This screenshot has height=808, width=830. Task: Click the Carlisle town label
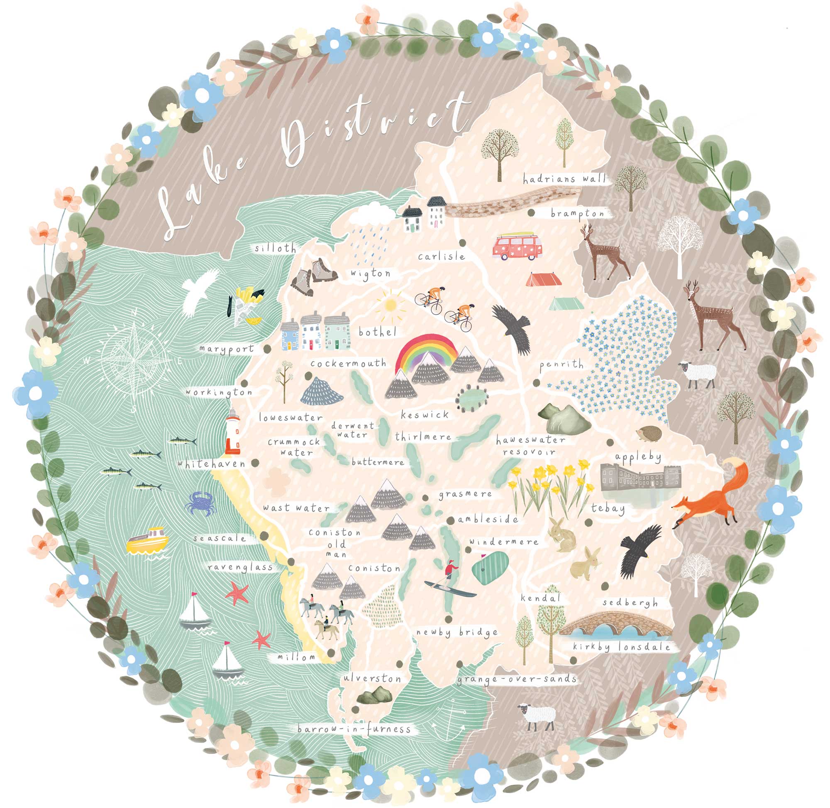pyautogui.click(x=441, y=256)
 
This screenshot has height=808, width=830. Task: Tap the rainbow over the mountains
pyautogui.click(x=426, y=349)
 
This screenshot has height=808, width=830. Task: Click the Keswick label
pyautogui.click(x=424, y=415)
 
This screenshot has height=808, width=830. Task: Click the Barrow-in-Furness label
pyautogui.click(x=354, y=729)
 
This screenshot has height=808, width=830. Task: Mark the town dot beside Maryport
pyautogui.click(x=267, y=349)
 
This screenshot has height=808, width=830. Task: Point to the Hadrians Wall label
pyautogui.click(x=564, y=179)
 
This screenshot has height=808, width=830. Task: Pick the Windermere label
pyautogui.click(x=504, y=542)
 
